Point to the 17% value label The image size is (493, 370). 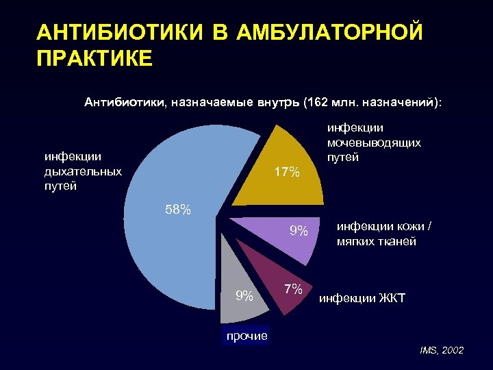[286, 173]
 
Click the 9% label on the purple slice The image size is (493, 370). [298, 232]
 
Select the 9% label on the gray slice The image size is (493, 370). [244, 296]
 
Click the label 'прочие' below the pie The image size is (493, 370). [244, 336]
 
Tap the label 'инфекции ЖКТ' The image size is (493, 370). [362, 299]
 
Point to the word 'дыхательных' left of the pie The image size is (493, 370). [83, 171]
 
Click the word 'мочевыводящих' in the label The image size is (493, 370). [374, 143]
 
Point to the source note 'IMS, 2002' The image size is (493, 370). [442, 351]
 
